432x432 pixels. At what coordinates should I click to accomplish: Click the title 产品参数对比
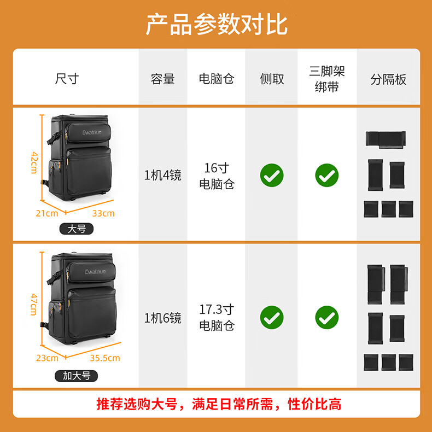216,25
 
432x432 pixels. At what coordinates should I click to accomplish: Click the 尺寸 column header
67,79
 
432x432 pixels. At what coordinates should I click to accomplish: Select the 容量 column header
163,79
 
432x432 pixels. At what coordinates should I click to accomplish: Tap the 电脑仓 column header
216,79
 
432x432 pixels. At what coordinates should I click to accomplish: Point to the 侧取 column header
272,79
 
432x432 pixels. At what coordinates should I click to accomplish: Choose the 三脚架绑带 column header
327,79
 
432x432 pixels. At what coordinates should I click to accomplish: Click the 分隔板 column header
388,79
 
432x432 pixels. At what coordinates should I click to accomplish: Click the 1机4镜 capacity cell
163,176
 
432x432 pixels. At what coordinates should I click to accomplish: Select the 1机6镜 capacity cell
163,318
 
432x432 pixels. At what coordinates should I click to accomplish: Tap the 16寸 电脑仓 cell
216,176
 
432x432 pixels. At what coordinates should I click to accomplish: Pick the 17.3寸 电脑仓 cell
216,318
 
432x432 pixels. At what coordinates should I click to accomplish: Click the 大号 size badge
77,229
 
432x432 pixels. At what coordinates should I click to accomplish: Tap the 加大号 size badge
77,376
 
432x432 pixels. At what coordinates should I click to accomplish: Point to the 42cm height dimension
33,162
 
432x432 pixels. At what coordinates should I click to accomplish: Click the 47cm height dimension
33,303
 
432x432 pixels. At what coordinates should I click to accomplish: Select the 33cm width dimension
103,213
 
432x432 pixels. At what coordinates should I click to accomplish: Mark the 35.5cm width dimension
105,358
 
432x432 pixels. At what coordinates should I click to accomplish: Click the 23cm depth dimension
47,358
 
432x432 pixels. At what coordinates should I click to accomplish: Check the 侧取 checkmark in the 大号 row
272,176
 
